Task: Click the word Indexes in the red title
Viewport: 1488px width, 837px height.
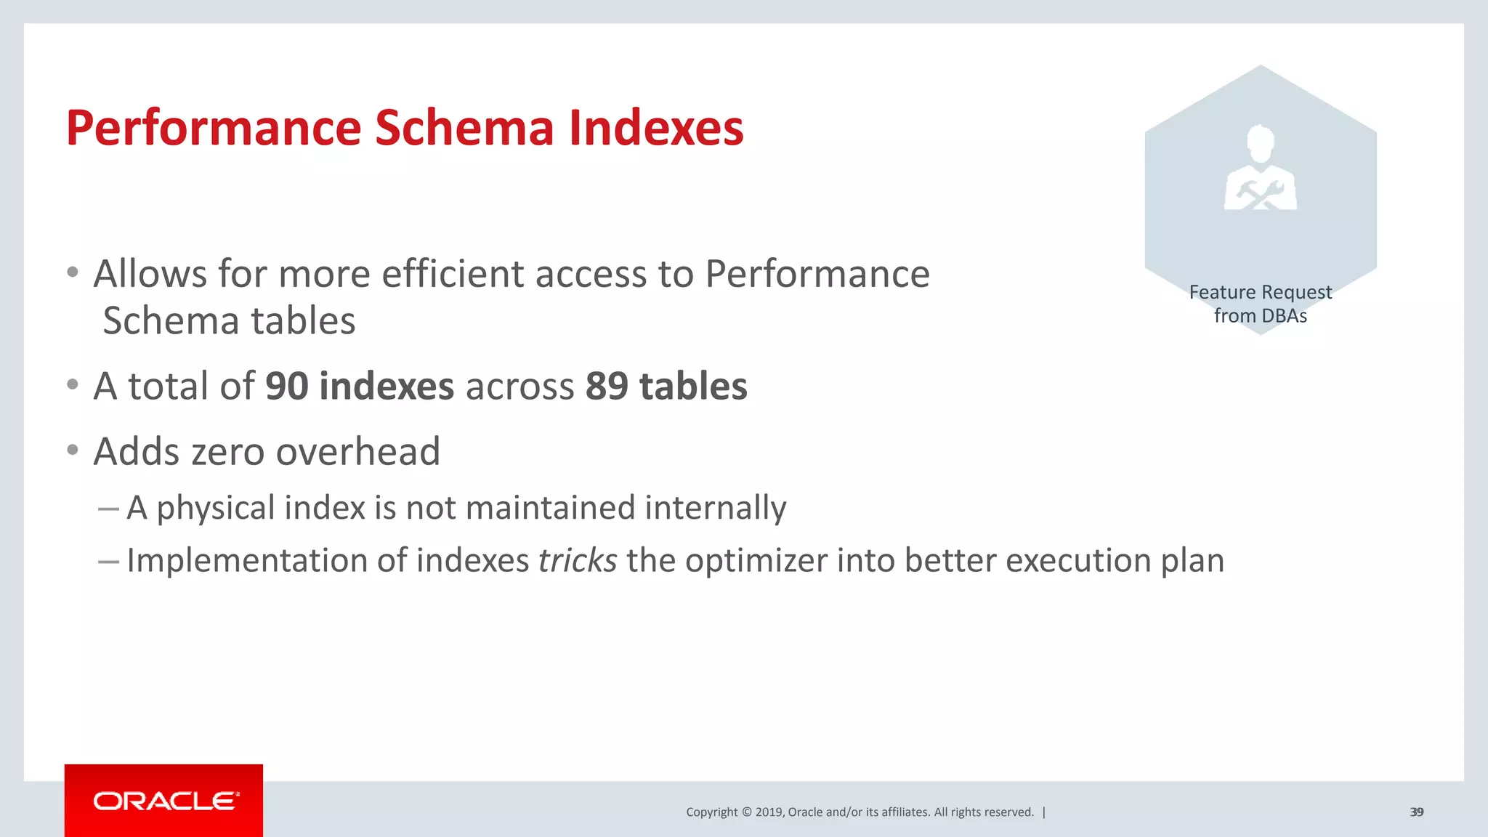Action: pyautogui.click(x=656, y=128)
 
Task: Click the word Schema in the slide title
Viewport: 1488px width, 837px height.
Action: pyautogui.click(x=464, y=128)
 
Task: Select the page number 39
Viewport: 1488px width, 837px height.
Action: pyautogui.click(x=1416, y=812)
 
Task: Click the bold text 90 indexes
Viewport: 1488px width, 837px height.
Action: pyautogui.click(x=360, y=386)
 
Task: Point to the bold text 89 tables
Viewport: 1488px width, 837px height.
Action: pyautogui.click(x=666, y=386)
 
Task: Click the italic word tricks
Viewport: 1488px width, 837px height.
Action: pyautogui.click(x=578, y=560)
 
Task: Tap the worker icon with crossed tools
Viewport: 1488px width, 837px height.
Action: pyautogui.click(x=1261, y=169)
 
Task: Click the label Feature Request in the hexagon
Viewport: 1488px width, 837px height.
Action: pyautogui.click(x=1261, y=292)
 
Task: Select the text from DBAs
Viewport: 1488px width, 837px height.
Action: pyautogui.click(x=1261, y=316)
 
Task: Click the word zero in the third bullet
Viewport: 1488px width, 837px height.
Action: pyautogui.click(x=229, y=451)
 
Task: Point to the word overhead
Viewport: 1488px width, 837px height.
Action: pyautogui.click(x=358, y=451)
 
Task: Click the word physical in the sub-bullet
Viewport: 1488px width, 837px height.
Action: pyautogui.click(x=216, y=508)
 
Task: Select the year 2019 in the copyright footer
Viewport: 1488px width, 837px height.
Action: pyautogui.click(x=769, y=812)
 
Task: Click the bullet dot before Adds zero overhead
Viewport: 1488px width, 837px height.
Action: pyautogui.click(x=72, y=450)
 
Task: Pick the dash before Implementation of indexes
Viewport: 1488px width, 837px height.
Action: pyautogui.click(x=108, y=561)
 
